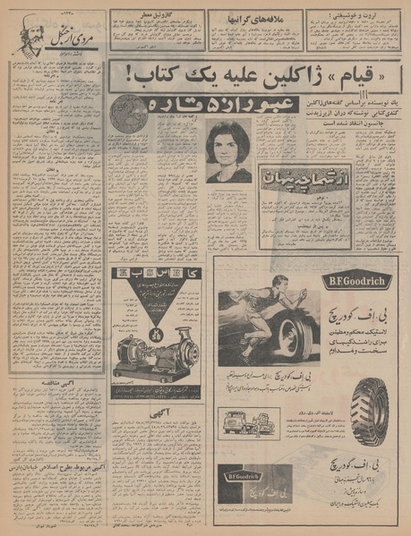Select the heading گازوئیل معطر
[154, 14]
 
